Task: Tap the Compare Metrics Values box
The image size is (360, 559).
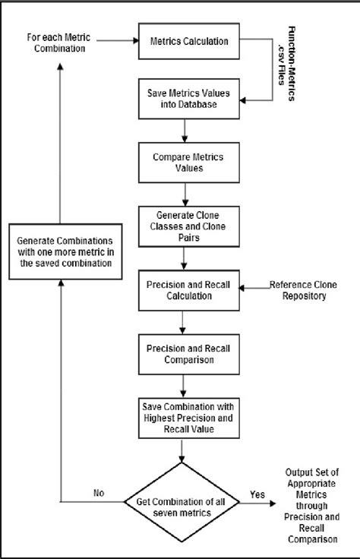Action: [x=184, y=163]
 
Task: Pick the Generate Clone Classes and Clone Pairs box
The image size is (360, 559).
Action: [x=184, y=226]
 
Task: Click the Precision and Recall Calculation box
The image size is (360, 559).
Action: [x=184, y=289]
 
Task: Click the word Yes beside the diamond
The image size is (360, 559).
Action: [x=257, y=494]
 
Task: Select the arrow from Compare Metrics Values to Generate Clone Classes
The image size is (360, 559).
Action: [x=184, y=194]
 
